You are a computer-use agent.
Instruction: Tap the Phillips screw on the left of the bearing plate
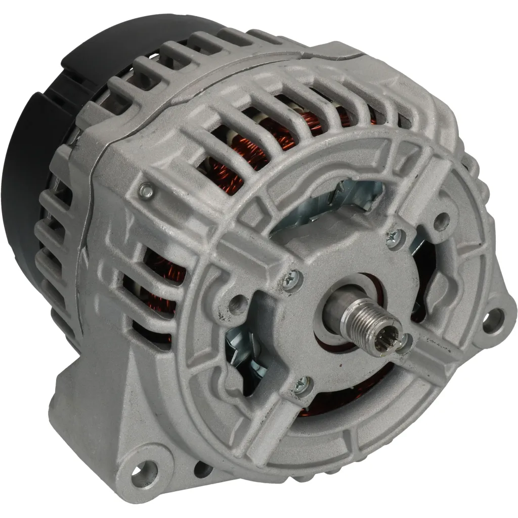click(x=292, y=276)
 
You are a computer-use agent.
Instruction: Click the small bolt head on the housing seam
click(x=147, y=190)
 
